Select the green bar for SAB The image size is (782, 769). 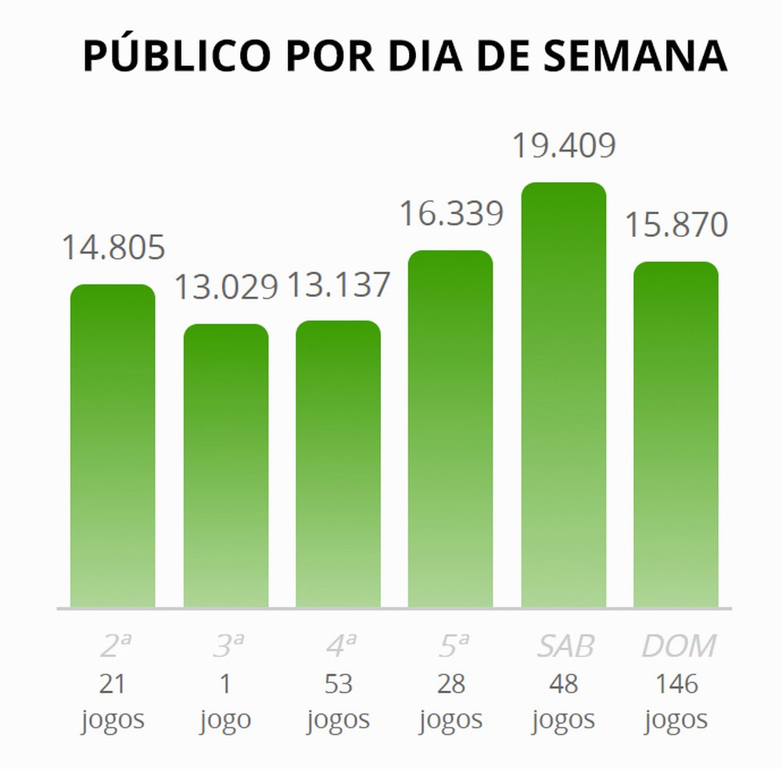tap(564, 395)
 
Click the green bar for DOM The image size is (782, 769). tap(676, 435)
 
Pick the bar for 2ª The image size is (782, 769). tap(113, 445)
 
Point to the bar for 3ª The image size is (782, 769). tap(226, 466)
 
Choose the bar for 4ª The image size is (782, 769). tap(338, 464)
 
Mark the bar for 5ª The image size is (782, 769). tap(450, 429)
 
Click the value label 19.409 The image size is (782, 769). tap(564, 145)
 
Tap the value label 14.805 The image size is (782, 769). tap(113, 247)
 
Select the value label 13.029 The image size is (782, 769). tap(226, 287)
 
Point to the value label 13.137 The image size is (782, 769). tap(339, 285)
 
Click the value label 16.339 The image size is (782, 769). tap(451, 213)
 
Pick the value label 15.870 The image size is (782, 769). tap(676, 225)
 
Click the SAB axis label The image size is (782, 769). tap(565, 646)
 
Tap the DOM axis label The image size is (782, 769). tap(678, 646)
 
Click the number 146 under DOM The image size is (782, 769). tap(676, 685)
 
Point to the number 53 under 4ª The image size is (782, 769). tap(339, 685)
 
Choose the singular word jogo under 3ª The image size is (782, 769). tap(225, 721)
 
